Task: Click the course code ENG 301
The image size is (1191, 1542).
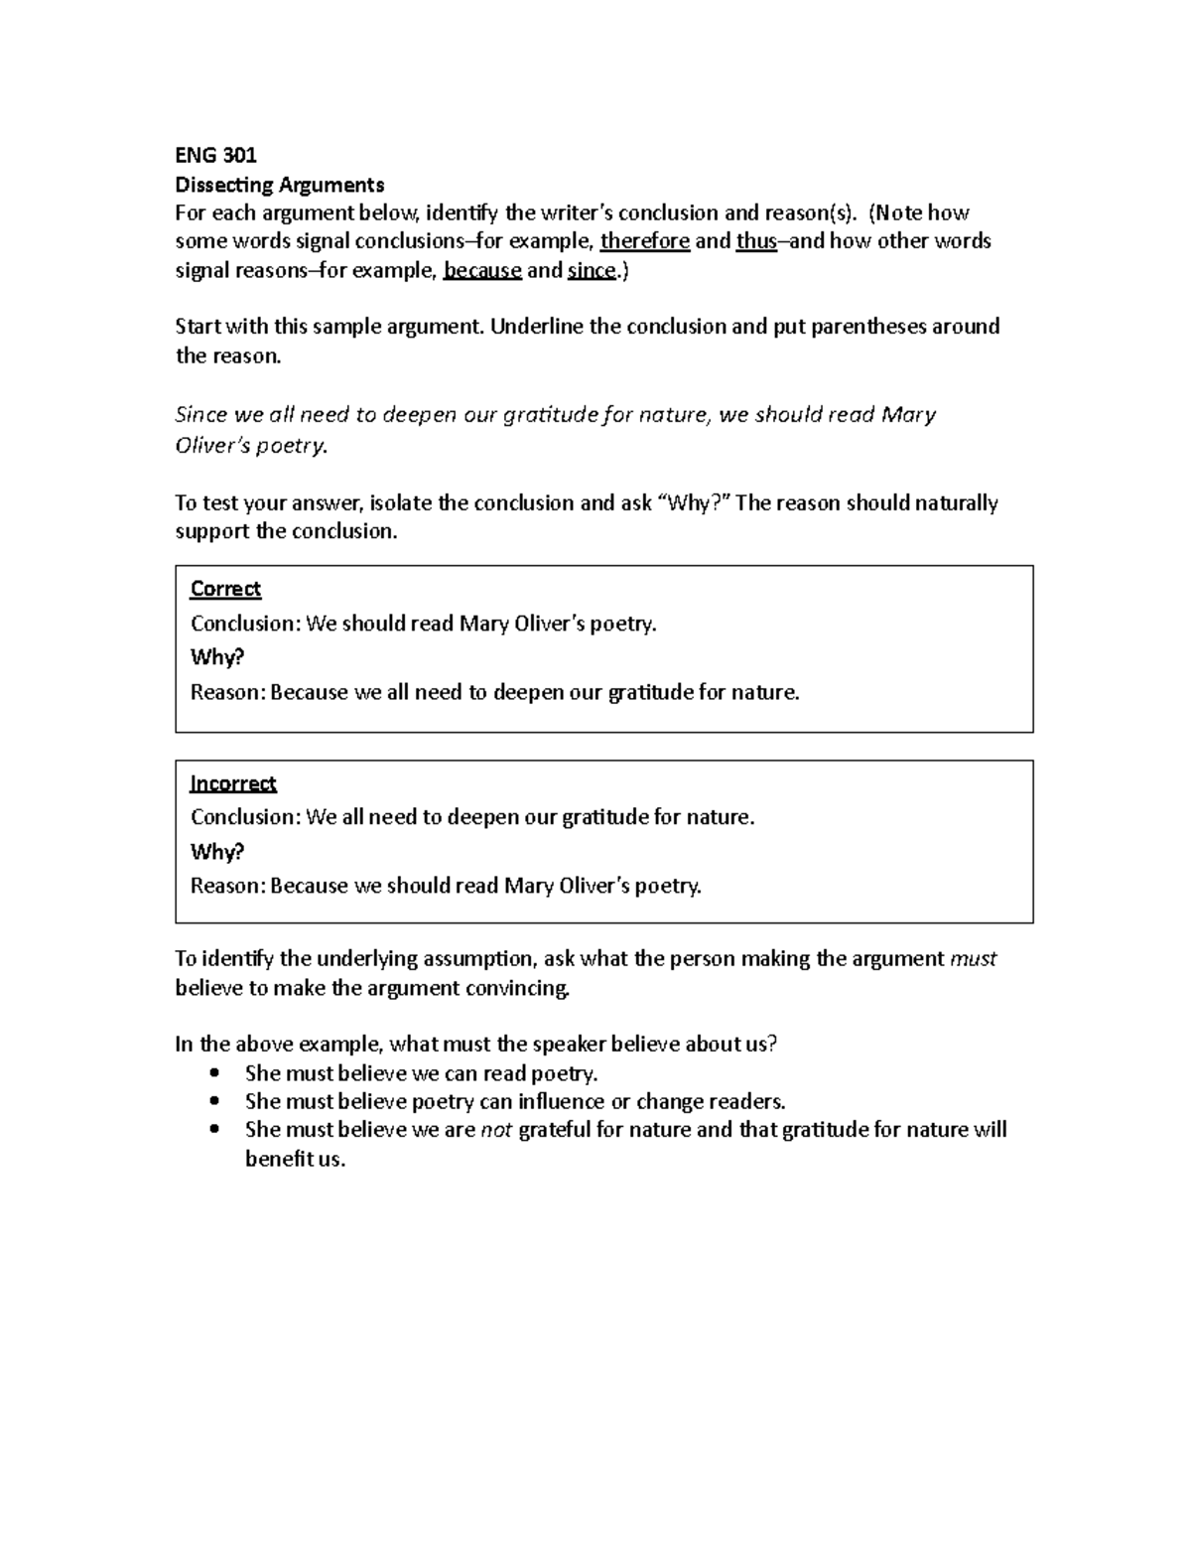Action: (215, 155)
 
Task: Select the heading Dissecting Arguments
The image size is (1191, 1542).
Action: (279, 185)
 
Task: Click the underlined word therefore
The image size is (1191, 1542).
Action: (644, 241)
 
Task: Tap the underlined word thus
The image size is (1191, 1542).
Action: (756, 241)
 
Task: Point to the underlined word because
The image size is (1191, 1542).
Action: (482, 270)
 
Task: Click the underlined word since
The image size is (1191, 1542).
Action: (592, 270)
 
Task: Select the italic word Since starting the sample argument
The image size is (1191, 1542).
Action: (201, 415)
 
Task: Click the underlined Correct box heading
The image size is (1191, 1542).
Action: (225, 589)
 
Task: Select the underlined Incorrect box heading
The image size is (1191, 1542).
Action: (233, 783)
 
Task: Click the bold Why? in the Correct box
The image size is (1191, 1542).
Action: (216, 657)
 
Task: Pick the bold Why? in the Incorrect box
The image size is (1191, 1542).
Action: (216, 852)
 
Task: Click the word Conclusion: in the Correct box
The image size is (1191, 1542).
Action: (244, 624)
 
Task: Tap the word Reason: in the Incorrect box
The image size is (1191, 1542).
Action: (227, 886)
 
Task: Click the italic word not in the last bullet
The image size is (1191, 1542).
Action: (495, 1130)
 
